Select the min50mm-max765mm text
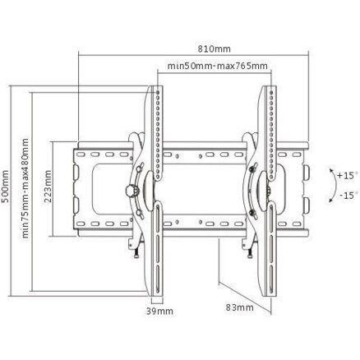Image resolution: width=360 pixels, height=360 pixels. pyautogui.click(x=217, y=66)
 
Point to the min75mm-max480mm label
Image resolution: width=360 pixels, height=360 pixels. pyautogui.click(x=25, y=188)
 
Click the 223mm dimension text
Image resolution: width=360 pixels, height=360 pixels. pyautogui.click(x=48, y=186)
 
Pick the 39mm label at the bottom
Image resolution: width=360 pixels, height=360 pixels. pyautogui.click(x=159, y=312)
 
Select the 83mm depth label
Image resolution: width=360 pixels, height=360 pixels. pyautogui.click(x=239, y=307)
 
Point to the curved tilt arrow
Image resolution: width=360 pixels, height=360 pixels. pyautogui.click(x=335, y=186)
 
